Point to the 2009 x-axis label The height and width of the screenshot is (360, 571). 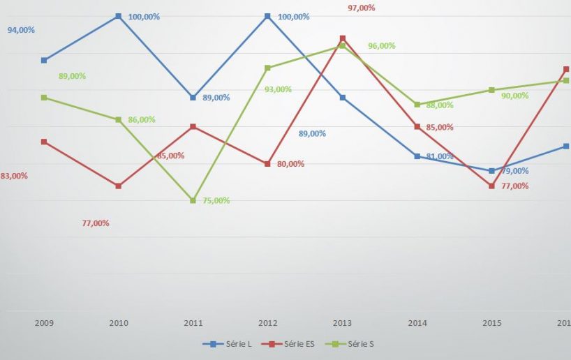[x=44, y=323]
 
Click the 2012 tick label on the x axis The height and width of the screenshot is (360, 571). [x=267, y=323]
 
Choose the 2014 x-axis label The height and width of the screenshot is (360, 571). [x=417, y=323]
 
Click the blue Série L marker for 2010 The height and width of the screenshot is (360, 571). [x=119, y=16]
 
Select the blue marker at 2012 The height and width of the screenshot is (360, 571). [x=267, y=16]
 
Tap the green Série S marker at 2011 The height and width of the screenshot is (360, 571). [x=193, y=201]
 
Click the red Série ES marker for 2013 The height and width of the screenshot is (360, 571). [x=343, y=38]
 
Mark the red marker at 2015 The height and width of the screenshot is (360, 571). [x=491, y=186]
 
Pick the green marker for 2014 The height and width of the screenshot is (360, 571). [x=417, y=105]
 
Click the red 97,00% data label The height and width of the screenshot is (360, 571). [x=362, y=8]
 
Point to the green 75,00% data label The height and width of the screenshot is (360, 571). [x=216, y=201]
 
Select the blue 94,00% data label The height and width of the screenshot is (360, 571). [x=21, y=30]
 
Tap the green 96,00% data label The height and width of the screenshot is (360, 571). [x=382, y=46]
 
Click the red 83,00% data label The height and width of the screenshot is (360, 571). [x=14, y=176]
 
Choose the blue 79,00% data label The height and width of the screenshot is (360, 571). [x=515, y=171]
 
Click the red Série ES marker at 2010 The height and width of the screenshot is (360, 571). [x=119, y=186]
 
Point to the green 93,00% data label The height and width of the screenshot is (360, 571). [x=279, y=89]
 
